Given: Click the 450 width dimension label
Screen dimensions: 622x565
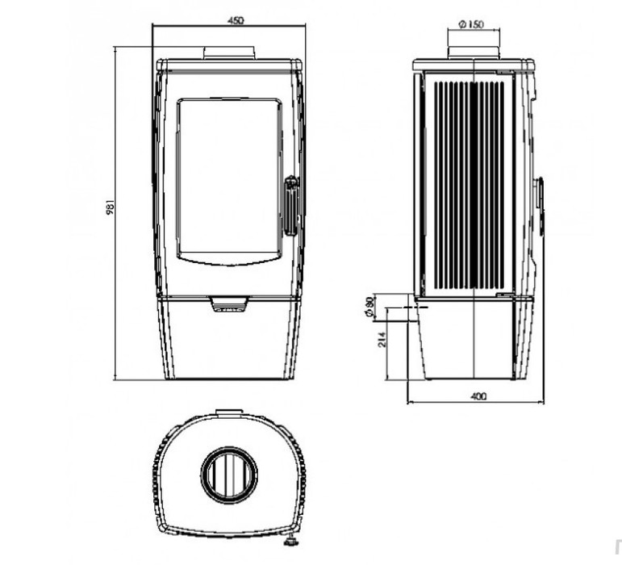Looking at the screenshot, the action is pyautogui.click(x=236, y=20).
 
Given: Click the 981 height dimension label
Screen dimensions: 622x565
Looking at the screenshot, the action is pyautogui.click(x=111, y=207).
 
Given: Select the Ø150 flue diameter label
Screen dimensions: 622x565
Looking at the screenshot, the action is pyautogui.click(x=471, y=24).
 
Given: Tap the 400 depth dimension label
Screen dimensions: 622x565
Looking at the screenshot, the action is pyautogui.click(x=478, y=396).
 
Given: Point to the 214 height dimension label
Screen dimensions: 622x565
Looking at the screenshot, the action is pyautogui.click(x=382, y=340).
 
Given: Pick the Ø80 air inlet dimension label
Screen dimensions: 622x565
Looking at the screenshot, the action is pyautogui.click(x=369, y=307).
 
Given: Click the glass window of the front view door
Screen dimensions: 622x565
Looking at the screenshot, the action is pyautogui.click(x=229, y=182).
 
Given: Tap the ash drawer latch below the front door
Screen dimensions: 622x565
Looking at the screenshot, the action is pyautogui.click(x=229, y=304).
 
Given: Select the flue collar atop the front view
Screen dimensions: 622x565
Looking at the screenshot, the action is pyautogui.click(x=229, y=52).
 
